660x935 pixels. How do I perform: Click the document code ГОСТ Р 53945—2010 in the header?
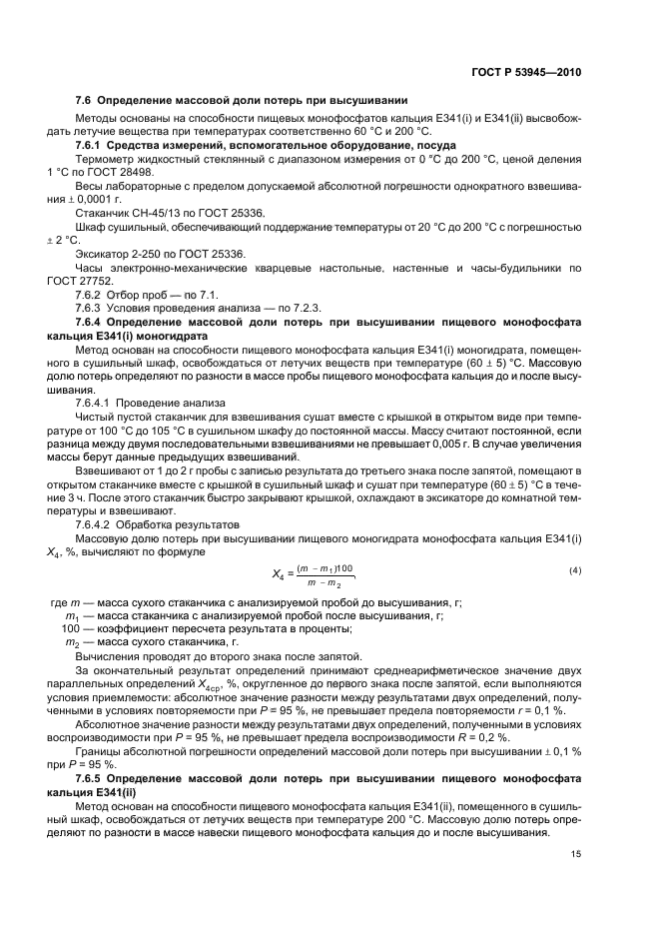coord(526,73)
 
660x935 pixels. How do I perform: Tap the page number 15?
coord(575,852)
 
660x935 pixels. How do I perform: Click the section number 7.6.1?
coord(92,146)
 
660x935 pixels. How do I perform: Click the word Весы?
coord(89,186)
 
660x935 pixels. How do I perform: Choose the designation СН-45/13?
coord(140,213)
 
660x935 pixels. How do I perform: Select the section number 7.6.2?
coord(92,296)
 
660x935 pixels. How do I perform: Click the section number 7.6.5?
coord(92,775)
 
